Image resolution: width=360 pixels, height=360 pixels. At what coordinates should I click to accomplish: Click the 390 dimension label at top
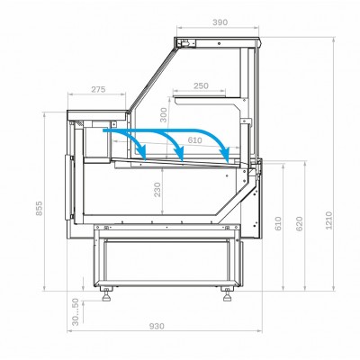[x=220, y=22]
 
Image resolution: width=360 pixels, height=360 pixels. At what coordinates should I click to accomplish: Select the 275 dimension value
[x=98, y=89]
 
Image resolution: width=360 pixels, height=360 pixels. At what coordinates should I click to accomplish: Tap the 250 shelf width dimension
[x=201, y=85]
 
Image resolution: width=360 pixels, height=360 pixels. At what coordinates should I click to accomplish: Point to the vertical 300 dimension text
[x=163, y=115]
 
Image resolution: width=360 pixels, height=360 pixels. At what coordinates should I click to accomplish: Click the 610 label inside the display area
[x=195, y=140]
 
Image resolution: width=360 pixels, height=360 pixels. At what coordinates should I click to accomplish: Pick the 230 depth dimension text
[x=157, y=190]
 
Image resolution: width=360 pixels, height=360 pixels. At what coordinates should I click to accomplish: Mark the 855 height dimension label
[x=40, y=208]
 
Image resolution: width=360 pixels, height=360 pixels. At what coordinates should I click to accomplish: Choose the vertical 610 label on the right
[x=278, y=224]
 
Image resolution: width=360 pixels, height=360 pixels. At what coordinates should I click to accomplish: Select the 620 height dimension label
[x=300, y=224]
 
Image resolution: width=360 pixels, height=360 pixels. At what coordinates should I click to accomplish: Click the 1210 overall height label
[x=329, y=220]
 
